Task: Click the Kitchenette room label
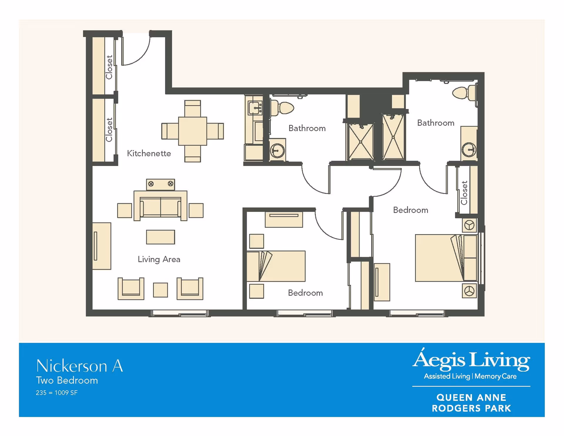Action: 149,153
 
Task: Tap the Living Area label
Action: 159,259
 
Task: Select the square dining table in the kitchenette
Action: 192,131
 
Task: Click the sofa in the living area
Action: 160,206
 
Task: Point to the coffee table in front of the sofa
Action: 160,237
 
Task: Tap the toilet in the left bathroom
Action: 282,108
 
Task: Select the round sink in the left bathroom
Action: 277,151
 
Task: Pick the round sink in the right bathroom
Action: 469,150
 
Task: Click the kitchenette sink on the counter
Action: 255,108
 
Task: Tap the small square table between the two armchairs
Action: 160,290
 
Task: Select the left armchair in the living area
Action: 131,289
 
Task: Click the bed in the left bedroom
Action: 276,266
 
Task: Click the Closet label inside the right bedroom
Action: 464,193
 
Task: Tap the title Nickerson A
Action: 80,366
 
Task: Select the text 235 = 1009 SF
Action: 57,393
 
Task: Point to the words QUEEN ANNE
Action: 471,398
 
